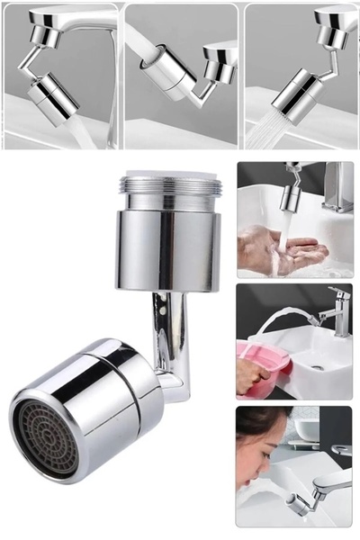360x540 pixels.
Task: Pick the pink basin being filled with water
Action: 261,359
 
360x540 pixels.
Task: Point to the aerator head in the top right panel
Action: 294,91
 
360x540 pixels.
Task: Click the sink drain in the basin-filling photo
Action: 317,367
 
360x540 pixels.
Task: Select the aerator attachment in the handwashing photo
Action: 290,196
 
